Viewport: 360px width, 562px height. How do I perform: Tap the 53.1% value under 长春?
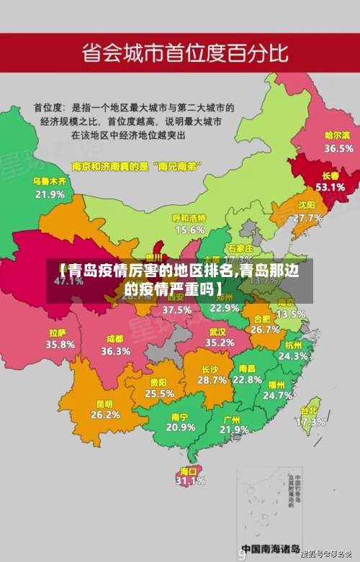click(x=330, y=186)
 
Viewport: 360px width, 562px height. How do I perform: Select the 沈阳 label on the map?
click(x=307, y=205)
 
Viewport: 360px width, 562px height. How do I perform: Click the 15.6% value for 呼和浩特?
click(x=189, y=230)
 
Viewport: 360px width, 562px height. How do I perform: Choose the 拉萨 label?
click(x=58, y=333)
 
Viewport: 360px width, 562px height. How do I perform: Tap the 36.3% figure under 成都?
click(x=115, y=351)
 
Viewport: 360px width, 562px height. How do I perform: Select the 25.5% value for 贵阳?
click(x=159, y=394)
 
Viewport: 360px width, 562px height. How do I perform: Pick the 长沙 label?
click(x=212, y=369)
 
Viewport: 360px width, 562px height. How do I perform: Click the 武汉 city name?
click(x=217, y=332)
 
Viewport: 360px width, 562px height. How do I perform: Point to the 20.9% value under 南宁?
click(x=180, y=427)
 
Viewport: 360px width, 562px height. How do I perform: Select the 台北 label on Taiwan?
click(x=309, y=411)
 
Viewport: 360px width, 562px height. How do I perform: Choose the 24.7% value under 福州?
click(x=277, y=395)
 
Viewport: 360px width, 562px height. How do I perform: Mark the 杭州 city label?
click(x=294, y=345)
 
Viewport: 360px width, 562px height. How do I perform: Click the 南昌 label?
click(x=247, y=368)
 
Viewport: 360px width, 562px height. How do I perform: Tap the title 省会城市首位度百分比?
click(x=185, y=53)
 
